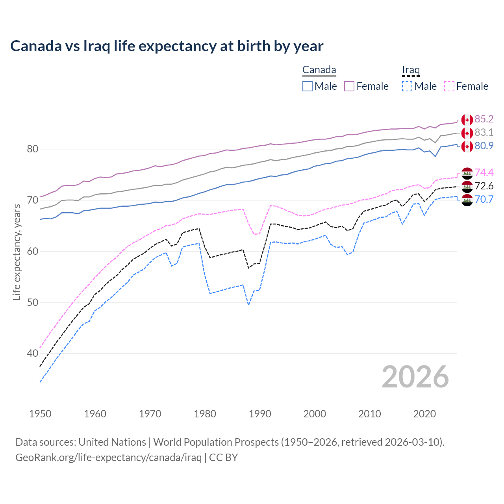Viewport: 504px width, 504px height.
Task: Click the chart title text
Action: click(x=167, y=46)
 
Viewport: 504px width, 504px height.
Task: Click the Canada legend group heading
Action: click(x=319, y=70)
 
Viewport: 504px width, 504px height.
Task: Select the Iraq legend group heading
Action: click(x=411, y=70)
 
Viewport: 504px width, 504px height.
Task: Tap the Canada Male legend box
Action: click(x=308, y=86)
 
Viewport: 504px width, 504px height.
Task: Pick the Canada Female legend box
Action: click(x=349, y=86)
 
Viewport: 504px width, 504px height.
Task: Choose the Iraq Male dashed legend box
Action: click(x=407, y=86)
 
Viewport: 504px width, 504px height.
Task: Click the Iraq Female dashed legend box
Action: click(x=449, y=86)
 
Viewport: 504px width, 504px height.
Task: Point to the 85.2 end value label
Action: click(x=484, y=119)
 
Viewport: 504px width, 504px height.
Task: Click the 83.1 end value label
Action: click(x=484, y=133)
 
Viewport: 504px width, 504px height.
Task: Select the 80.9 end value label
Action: click(x=484, y=146)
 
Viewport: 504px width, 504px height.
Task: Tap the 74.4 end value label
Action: click(x=484, y=173)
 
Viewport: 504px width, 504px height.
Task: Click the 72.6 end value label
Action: click(x=484, y=186)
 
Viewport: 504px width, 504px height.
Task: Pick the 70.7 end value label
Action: click(x=484, y=200)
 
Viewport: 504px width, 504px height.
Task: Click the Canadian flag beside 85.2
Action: click(x=467, y=120)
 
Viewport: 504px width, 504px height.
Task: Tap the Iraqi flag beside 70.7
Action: click(x=467, y=200)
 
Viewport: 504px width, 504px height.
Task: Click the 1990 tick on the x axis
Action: click(x=260, y=414)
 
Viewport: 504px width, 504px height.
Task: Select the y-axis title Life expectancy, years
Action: click(x=17, y=252)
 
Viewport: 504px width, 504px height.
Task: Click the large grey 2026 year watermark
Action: click(x=415, y=377)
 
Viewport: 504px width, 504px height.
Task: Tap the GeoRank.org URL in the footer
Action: click(x=108, y=458)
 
